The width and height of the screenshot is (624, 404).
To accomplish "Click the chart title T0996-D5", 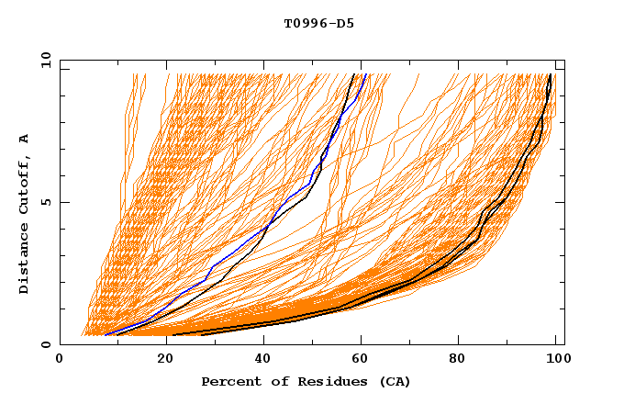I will (318, 24).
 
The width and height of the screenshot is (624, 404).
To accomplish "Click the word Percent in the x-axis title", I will (230, 381).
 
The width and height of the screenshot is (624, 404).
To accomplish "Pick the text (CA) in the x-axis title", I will (393, 381).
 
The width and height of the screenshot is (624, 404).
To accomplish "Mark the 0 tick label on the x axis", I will (61, 360).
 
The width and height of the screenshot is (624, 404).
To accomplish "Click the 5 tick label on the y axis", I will (46, 202).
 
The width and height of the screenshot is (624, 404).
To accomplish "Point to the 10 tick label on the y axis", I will (43, 60).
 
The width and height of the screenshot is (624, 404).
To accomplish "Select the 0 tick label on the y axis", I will (46, 345).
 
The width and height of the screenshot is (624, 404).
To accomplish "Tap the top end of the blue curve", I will (365, 74).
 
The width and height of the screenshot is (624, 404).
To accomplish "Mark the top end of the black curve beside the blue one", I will (354, 74).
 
